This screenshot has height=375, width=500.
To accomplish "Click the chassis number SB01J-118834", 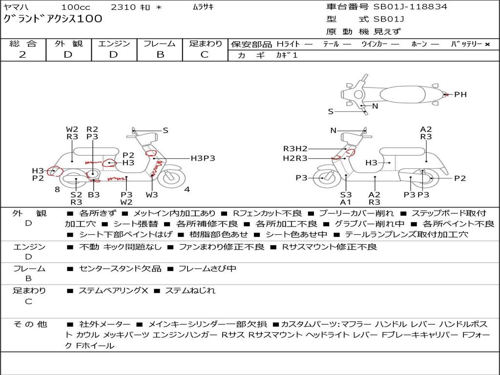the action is [410, 7].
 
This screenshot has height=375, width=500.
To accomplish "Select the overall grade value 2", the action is [22, 55].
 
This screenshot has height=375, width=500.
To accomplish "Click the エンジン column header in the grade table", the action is [114, 43].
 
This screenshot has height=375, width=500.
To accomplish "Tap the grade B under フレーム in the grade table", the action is [160, 55].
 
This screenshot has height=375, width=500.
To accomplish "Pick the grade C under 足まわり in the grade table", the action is [205, 55].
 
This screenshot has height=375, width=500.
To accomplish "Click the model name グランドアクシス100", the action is [53, 19].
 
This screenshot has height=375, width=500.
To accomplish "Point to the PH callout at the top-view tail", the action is [460, 94].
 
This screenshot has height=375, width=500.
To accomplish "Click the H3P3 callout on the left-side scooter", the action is [203, 158].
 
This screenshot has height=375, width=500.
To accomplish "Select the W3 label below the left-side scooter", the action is [152, 194].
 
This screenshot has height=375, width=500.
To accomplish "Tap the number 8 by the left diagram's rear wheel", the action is [57, 189].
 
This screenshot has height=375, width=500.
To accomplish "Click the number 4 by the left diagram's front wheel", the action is [187, 189].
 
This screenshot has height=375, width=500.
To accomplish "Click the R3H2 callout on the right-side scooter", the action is [295, 148].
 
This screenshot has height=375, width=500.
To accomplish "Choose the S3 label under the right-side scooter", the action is [346, 194].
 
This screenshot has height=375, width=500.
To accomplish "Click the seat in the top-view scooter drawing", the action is [403, 95].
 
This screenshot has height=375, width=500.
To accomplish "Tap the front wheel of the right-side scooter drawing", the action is [326, 177].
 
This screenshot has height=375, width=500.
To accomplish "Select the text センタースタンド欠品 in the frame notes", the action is [120, 269].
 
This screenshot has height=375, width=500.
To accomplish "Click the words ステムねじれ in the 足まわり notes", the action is [190, 291].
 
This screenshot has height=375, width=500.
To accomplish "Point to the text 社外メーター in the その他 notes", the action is [104, 324].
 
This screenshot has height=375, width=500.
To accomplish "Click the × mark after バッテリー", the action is [487, 44].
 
